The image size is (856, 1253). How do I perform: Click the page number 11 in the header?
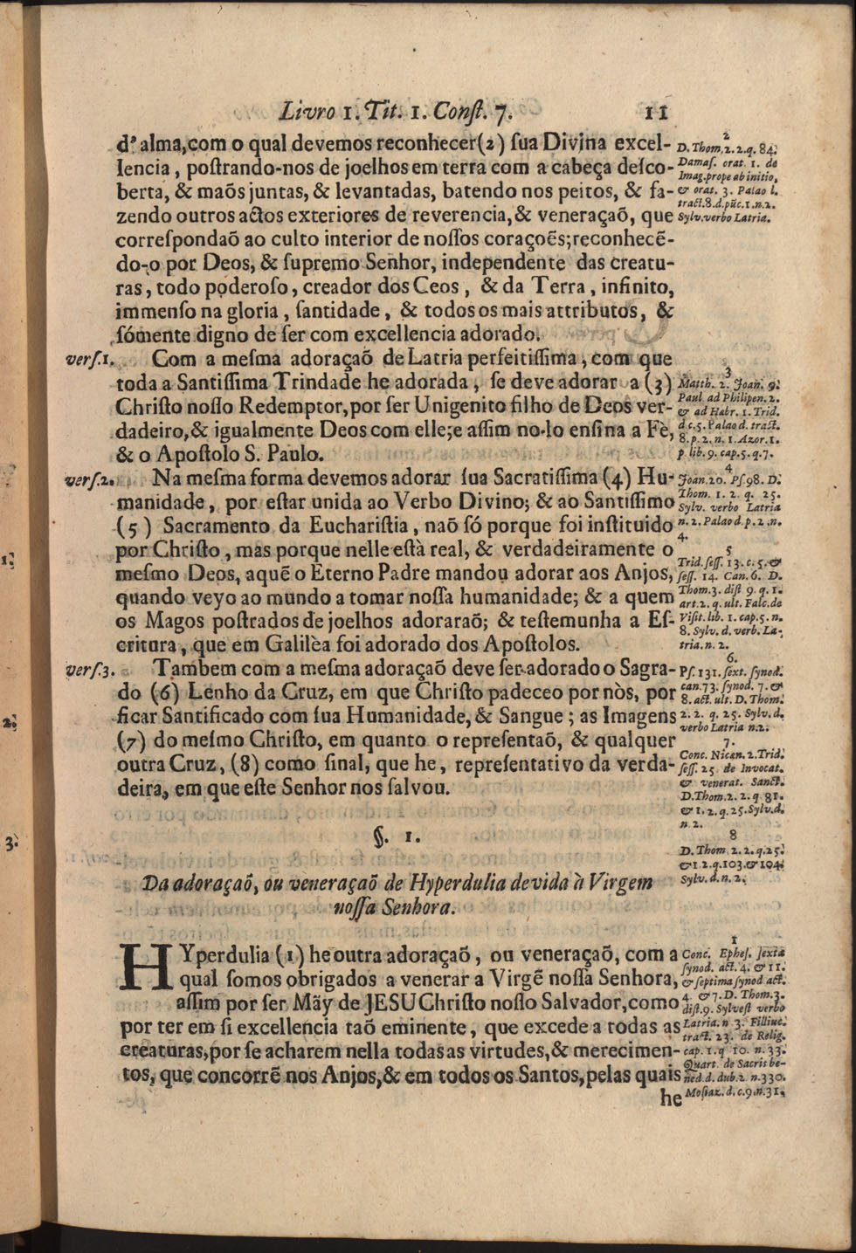[x=656, y=113]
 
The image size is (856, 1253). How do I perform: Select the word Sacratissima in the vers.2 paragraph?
[x=522, y=478]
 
